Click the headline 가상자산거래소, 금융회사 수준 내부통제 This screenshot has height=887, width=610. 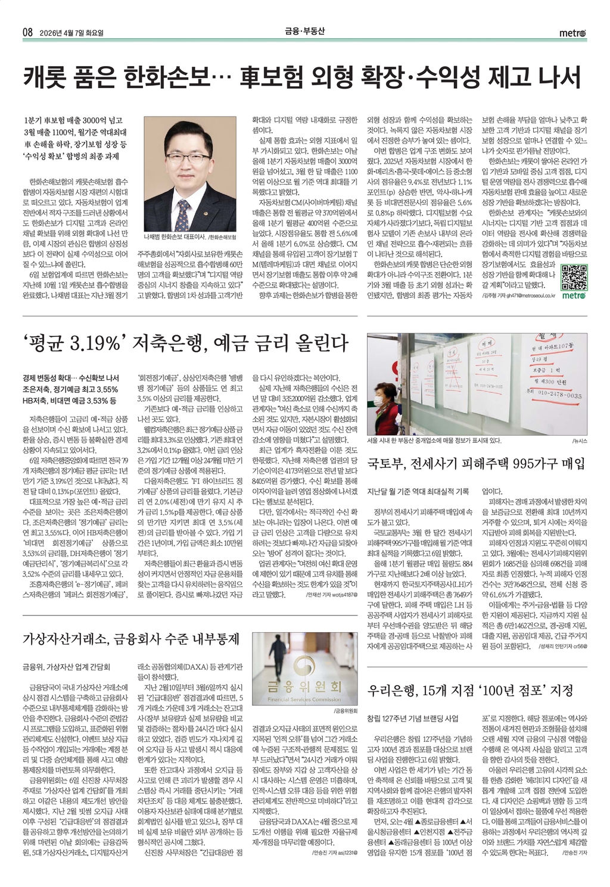[130, 639]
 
